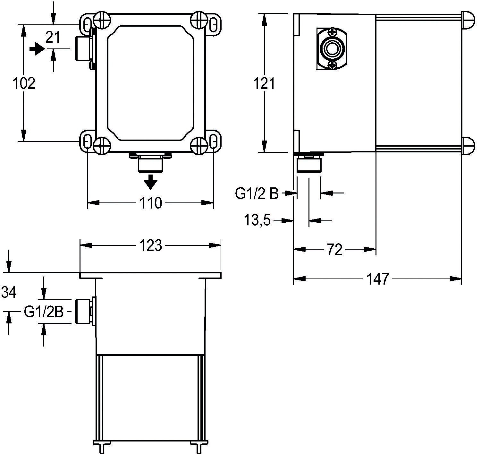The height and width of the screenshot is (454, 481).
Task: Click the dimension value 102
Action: [24, 83]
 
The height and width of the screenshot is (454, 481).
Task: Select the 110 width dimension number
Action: [150, 203]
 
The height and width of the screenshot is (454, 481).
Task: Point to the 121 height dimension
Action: [264, 84]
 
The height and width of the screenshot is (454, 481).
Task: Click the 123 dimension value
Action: [150, 245]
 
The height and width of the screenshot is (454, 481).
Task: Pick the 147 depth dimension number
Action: [377, 279]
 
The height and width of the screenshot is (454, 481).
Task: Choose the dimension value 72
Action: [334, 249]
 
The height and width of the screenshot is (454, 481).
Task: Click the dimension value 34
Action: [9, 292]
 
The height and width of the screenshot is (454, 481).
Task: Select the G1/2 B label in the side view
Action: [257, 194]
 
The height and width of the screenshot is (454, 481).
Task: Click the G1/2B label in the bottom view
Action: [44, 312]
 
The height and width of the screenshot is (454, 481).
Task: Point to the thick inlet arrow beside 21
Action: [37, 49]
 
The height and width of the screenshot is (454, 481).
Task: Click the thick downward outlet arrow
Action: [151, 182]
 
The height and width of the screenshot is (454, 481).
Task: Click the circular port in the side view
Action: [332, 48]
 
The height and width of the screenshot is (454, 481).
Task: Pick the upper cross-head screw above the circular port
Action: [332, 32]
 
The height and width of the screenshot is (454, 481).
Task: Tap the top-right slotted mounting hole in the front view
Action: [213, 24]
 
